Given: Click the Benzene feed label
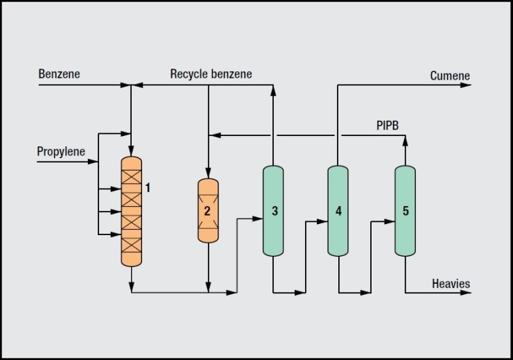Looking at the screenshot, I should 60,74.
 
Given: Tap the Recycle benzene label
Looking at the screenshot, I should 211,74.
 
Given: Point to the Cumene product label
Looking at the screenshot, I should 449,76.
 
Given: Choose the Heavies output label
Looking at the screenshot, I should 451,284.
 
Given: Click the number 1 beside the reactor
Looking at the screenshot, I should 147,187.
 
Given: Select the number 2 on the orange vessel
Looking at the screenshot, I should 207,210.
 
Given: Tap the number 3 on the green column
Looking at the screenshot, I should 275,211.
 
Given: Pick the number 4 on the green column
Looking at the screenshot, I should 338,211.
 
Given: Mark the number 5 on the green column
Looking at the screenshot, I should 406,211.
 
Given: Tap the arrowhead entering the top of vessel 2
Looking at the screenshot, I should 209,174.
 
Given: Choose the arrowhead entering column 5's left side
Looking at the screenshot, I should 390,222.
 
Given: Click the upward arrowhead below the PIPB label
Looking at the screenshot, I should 406,139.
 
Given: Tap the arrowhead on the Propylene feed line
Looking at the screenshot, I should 94,162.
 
